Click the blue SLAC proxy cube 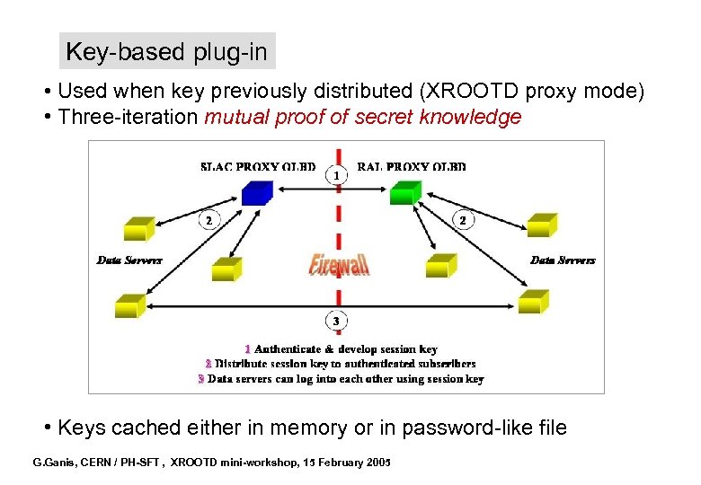(x=257, y=191)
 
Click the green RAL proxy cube (x=404, y=192)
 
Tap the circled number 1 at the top (x=337, y=176)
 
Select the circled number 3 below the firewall (x=336, y=321)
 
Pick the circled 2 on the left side (x=209, y=219)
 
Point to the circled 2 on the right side (x=462, y=219)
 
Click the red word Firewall (x=339, y=264)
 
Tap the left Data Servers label (x=129, y=260)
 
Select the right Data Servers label (x=563, y=260)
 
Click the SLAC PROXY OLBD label (x=258, y=166)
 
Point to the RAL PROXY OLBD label (x=412, y=166)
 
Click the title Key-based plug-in (x=166, y=52)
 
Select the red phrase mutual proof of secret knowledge (x=363, y=118)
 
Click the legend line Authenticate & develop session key (x=345, y=348)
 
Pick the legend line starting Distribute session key (x=345, y=364)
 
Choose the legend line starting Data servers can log (x=345, y=379)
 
